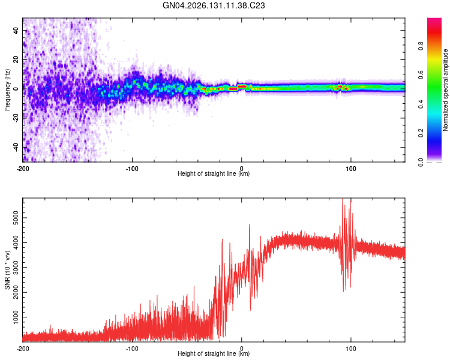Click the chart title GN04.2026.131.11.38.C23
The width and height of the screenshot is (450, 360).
(214, 5)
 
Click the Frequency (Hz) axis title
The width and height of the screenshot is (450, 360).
(7, 90)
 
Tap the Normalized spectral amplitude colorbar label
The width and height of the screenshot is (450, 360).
(445, 90)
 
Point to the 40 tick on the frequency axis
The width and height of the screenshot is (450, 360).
(16, 30)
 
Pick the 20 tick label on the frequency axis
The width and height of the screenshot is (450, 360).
(16, 59)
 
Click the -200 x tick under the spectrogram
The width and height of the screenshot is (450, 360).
(23, 169)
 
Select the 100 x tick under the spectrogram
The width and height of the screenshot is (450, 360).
(351, 169)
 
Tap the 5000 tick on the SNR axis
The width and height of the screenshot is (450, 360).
(16, 218)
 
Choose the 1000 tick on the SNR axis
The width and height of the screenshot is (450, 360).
(16, 317)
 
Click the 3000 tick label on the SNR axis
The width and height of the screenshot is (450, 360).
(16, 268)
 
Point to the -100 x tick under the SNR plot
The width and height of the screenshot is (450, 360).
(132, 349)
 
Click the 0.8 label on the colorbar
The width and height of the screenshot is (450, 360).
(421, 46)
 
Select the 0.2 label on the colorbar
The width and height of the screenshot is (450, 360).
(421, 133)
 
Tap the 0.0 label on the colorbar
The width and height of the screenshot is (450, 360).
(421, 162)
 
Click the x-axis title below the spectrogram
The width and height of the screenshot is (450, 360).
(214, 173)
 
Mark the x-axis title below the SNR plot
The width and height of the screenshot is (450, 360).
(214, 353)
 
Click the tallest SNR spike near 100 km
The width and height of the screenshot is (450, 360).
(343, 199)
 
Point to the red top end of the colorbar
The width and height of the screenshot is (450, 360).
(434, 19)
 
